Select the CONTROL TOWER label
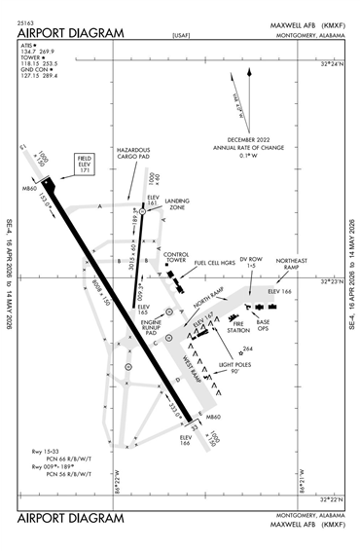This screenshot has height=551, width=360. pyautogui.click(x=175, y=258)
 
